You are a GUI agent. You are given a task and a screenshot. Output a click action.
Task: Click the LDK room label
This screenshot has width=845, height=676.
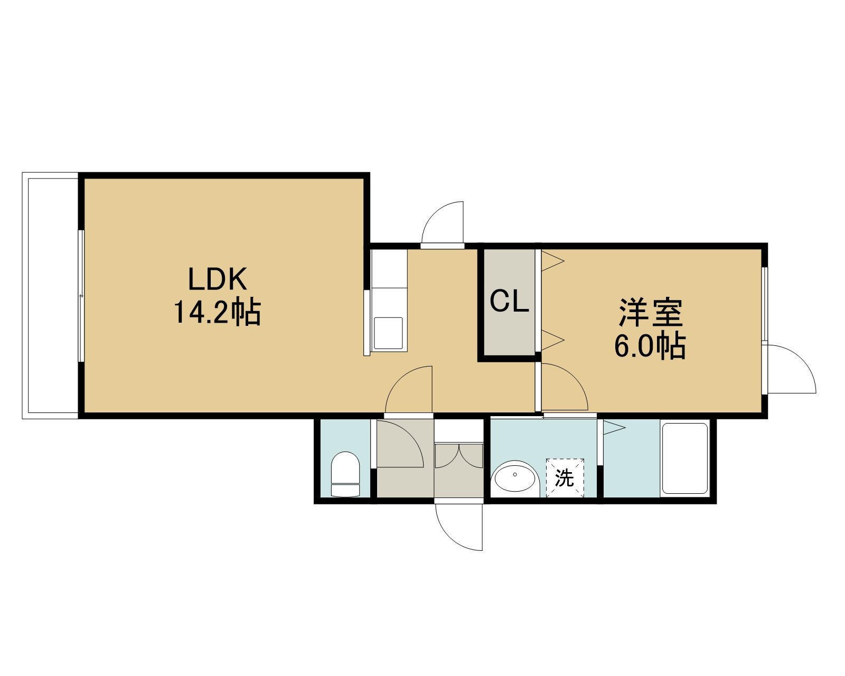coord(218,279)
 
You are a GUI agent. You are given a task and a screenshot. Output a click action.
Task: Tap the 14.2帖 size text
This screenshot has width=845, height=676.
coord(218,312)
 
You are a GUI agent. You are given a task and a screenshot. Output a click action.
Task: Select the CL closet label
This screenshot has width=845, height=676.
coord(509,301)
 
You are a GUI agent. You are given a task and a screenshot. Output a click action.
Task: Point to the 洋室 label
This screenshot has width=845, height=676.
coord(651,313)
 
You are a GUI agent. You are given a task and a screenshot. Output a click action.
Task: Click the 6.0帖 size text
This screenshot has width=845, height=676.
coord(650,346)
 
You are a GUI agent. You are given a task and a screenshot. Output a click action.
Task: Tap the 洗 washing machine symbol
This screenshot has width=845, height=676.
coord(564,477)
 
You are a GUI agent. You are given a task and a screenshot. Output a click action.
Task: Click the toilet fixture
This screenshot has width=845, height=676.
coord(345,474)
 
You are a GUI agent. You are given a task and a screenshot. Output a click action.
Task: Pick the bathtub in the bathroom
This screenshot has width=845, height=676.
coord(685,458)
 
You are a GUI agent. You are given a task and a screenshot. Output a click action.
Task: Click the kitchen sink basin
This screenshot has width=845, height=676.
coord(388,333)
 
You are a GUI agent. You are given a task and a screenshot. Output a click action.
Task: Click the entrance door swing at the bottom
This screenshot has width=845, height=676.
coord(458,527)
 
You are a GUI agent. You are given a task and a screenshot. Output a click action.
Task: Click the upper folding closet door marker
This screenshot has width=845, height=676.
coord(552,261)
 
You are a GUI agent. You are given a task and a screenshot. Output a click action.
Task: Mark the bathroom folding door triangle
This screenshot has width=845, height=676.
coord(614,427)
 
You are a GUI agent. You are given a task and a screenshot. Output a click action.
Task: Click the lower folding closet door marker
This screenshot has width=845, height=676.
coord(552,340)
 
